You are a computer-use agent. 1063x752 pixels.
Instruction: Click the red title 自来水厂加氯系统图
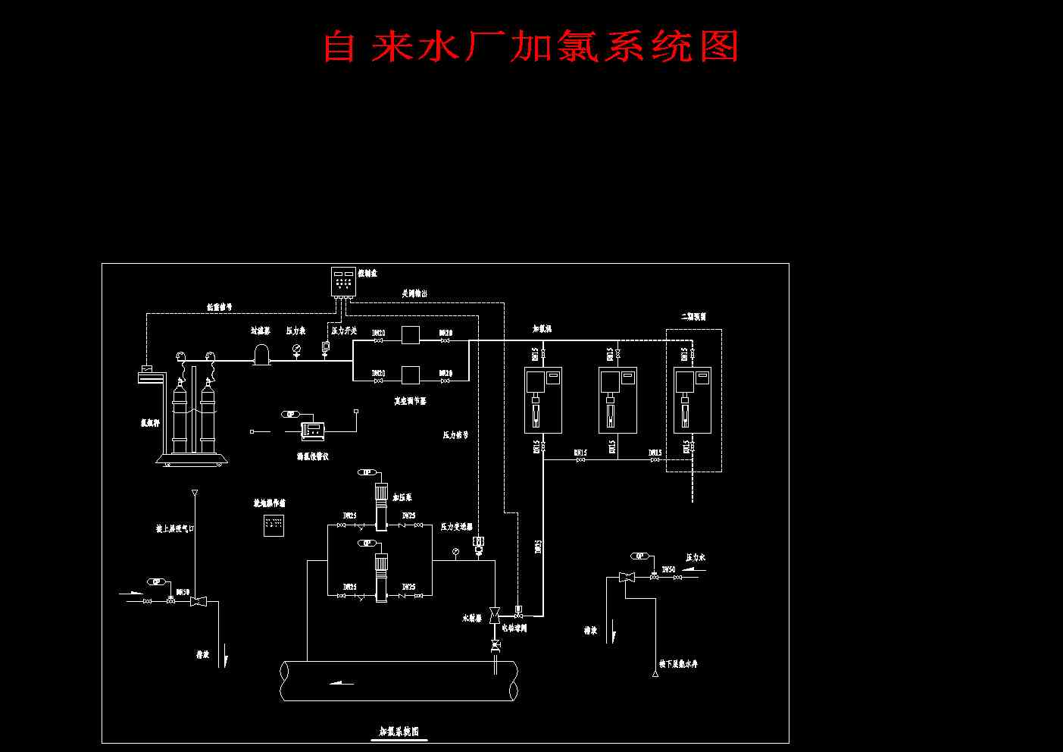[530, 46]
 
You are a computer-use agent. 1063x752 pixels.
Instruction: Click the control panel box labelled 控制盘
[343, 281]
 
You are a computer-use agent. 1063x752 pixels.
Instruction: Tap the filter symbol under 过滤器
[261, 354]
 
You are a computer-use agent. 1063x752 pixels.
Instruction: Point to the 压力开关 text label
[344, 331]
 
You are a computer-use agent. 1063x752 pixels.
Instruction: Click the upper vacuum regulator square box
[411, 334]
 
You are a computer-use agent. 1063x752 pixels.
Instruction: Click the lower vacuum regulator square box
[411, 374]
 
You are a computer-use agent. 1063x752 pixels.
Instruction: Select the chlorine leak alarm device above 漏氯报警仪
[313, 431]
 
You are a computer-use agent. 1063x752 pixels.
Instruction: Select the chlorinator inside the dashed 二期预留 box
[693, 399]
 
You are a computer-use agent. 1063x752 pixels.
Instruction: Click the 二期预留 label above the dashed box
[693, 317]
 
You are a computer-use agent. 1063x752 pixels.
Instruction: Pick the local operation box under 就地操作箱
[274, 525]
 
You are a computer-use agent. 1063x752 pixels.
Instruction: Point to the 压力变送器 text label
[457, 526]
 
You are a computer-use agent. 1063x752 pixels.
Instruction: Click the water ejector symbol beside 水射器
[495, 613]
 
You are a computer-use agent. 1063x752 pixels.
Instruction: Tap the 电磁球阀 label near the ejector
[514, 628]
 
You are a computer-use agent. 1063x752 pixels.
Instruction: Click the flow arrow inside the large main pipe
[342, 682]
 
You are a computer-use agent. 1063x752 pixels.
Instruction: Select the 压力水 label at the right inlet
[696, 557]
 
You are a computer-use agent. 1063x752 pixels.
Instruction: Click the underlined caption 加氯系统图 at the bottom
[399, 732]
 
